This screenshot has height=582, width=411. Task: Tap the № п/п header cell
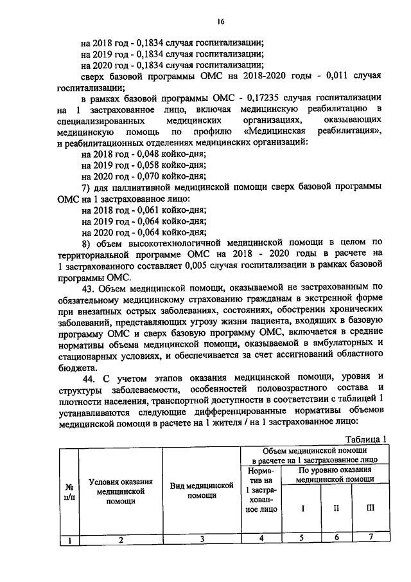68,492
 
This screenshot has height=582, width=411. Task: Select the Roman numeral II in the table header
336,509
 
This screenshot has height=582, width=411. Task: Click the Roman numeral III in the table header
369,509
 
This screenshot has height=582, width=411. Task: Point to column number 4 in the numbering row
261,539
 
